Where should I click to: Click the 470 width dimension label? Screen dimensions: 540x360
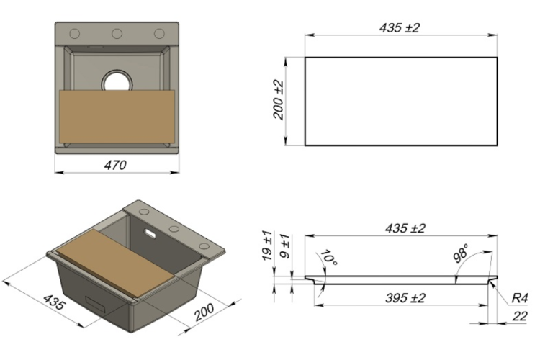coord(115,166)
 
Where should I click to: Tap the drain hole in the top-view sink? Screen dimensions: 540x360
coord(117,81)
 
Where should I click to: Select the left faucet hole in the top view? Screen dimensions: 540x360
coord(75,34)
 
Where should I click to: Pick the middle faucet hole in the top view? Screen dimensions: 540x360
coord(117,34)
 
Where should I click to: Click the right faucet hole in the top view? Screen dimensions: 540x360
coord(159,34)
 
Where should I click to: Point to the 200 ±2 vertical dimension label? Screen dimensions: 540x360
coord(278,100)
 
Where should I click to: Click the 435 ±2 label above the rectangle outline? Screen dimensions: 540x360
coord(400,28)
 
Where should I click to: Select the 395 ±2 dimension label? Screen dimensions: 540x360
coord(405,298)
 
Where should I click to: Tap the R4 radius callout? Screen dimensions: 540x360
coord(520,298)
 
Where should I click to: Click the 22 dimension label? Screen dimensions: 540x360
coord(520,316)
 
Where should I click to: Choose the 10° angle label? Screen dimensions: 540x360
coord(329,258)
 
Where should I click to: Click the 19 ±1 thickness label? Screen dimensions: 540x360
coord(268,246)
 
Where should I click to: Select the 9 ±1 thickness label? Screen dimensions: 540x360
coord(285,246)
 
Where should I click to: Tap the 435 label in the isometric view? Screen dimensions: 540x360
coord(54,302)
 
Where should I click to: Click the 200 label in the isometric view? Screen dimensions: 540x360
coord(204,312)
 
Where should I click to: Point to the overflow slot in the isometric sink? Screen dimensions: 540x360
coord(150,233)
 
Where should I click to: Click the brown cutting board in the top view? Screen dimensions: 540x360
coord(117,117)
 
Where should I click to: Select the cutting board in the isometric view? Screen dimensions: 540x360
coord(117,263)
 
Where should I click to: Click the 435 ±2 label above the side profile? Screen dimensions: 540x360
coord(405,229)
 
